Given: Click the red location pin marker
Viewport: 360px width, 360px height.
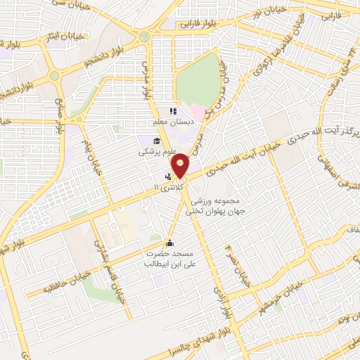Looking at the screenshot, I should (x=181, y=165).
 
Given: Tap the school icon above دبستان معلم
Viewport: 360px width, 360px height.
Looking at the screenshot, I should (x=172, y=111).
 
